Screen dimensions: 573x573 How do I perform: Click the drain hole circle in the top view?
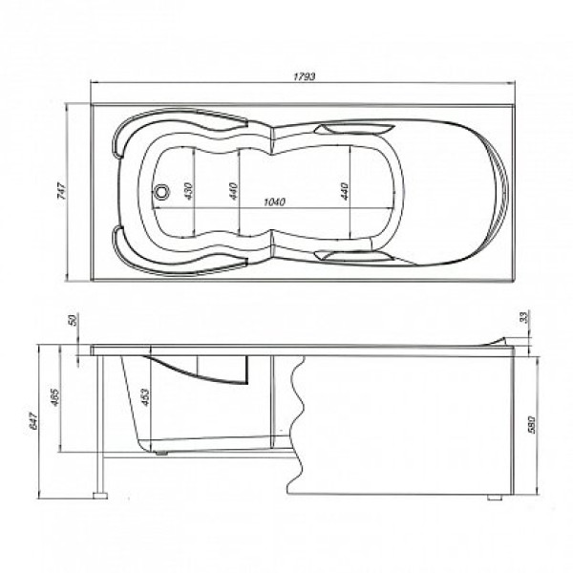pos(164,192)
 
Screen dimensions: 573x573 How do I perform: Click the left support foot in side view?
pos(98,497)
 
